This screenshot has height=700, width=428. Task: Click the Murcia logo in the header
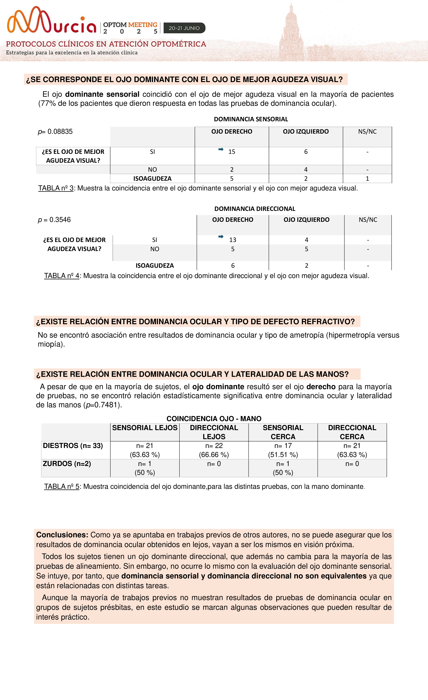[52, 20]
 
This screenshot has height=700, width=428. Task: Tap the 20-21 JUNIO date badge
[184, 28]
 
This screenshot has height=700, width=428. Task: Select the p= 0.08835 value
[55, 132]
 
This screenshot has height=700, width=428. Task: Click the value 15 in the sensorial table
[232, 152]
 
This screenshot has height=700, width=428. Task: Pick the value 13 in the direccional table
[233, 240]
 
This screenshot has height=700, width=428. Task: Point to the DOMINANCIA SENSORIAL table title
[251, 119]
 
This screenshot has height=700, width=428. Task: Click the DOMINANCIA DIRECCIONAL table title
[255, 209]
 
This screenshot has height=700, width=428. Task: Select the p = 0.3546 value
[54, 220]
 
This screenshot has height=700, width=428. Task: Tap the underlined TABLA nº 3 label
[56, 188]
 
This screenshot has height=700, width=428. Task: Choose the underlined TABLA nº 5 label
[62, 486]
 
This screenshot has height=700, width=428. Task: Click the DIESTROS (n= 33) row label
[73, 446]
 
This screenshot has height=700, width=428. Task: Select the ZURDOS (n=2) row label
[67, 464]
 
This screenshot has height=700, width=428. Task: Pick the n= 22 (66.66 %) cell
[214, 450]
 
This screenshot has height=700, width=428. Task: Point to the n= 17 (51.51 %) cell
[283, 450]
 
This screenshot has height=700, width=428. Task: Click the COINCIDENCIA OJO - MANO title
[214, 418]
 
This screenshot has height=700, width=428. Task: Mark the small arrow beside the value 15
[221, 149]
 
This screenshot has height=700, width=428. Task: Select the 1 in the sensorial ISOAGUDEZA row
[367, 178]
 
